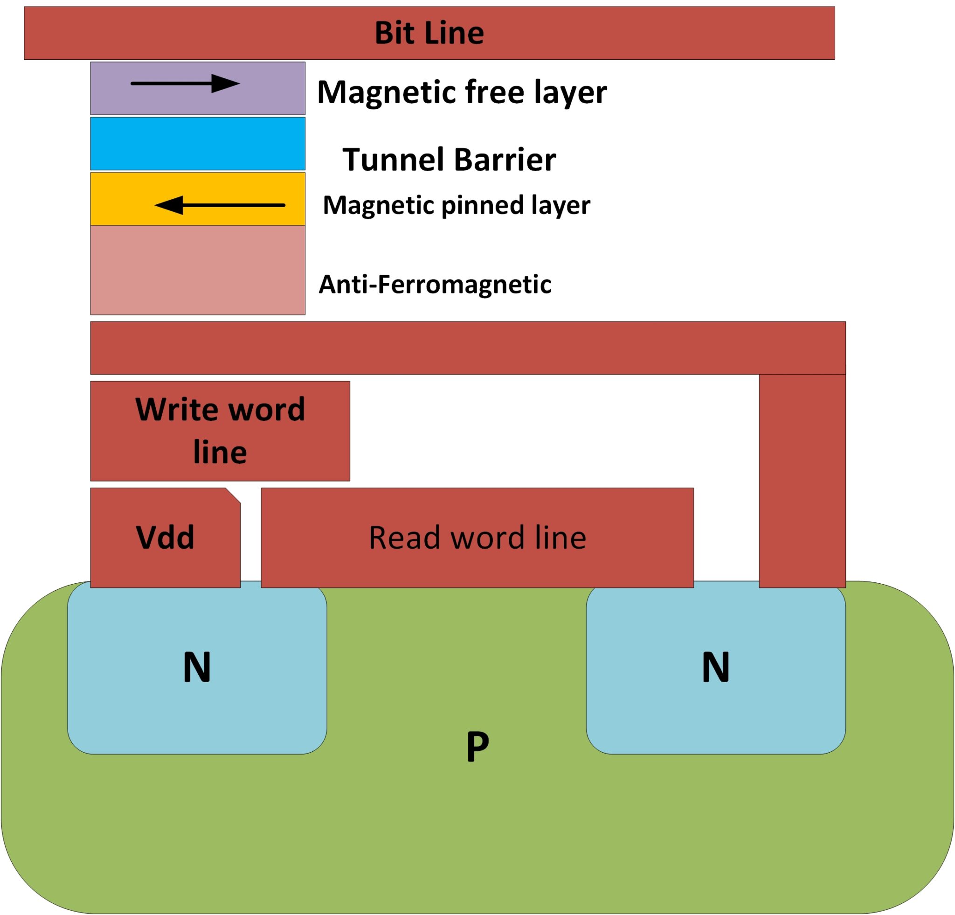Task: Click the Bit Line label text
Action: (429, 33)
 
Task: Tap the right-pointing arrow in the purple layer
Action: (185, 84)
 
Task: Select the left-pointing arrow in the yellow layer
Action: (219, 205)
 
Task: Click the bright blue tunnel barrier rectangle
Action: (197, 143)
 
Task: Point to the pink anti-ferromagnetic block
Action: (197, 270)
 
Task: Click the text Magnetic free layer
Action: (462, 91)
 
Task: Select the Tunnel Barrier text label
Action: (449, 160)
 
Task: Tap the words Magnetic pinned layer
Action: (456, 205)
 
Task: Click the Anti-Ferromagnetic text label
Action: (435, 284)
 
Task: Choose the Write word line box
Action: (220, 431)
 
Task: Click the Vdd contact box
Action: (165, 537)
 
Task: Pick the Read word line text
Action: (477, 537)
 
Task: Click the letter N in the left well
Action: (197, 667)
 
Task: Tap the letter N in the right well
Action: (715, 667)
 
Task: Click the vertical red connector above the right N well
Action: (802, 480)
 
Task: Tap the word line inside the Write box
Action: (220, 452)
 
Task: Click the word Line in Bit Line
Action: (454, 33)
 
